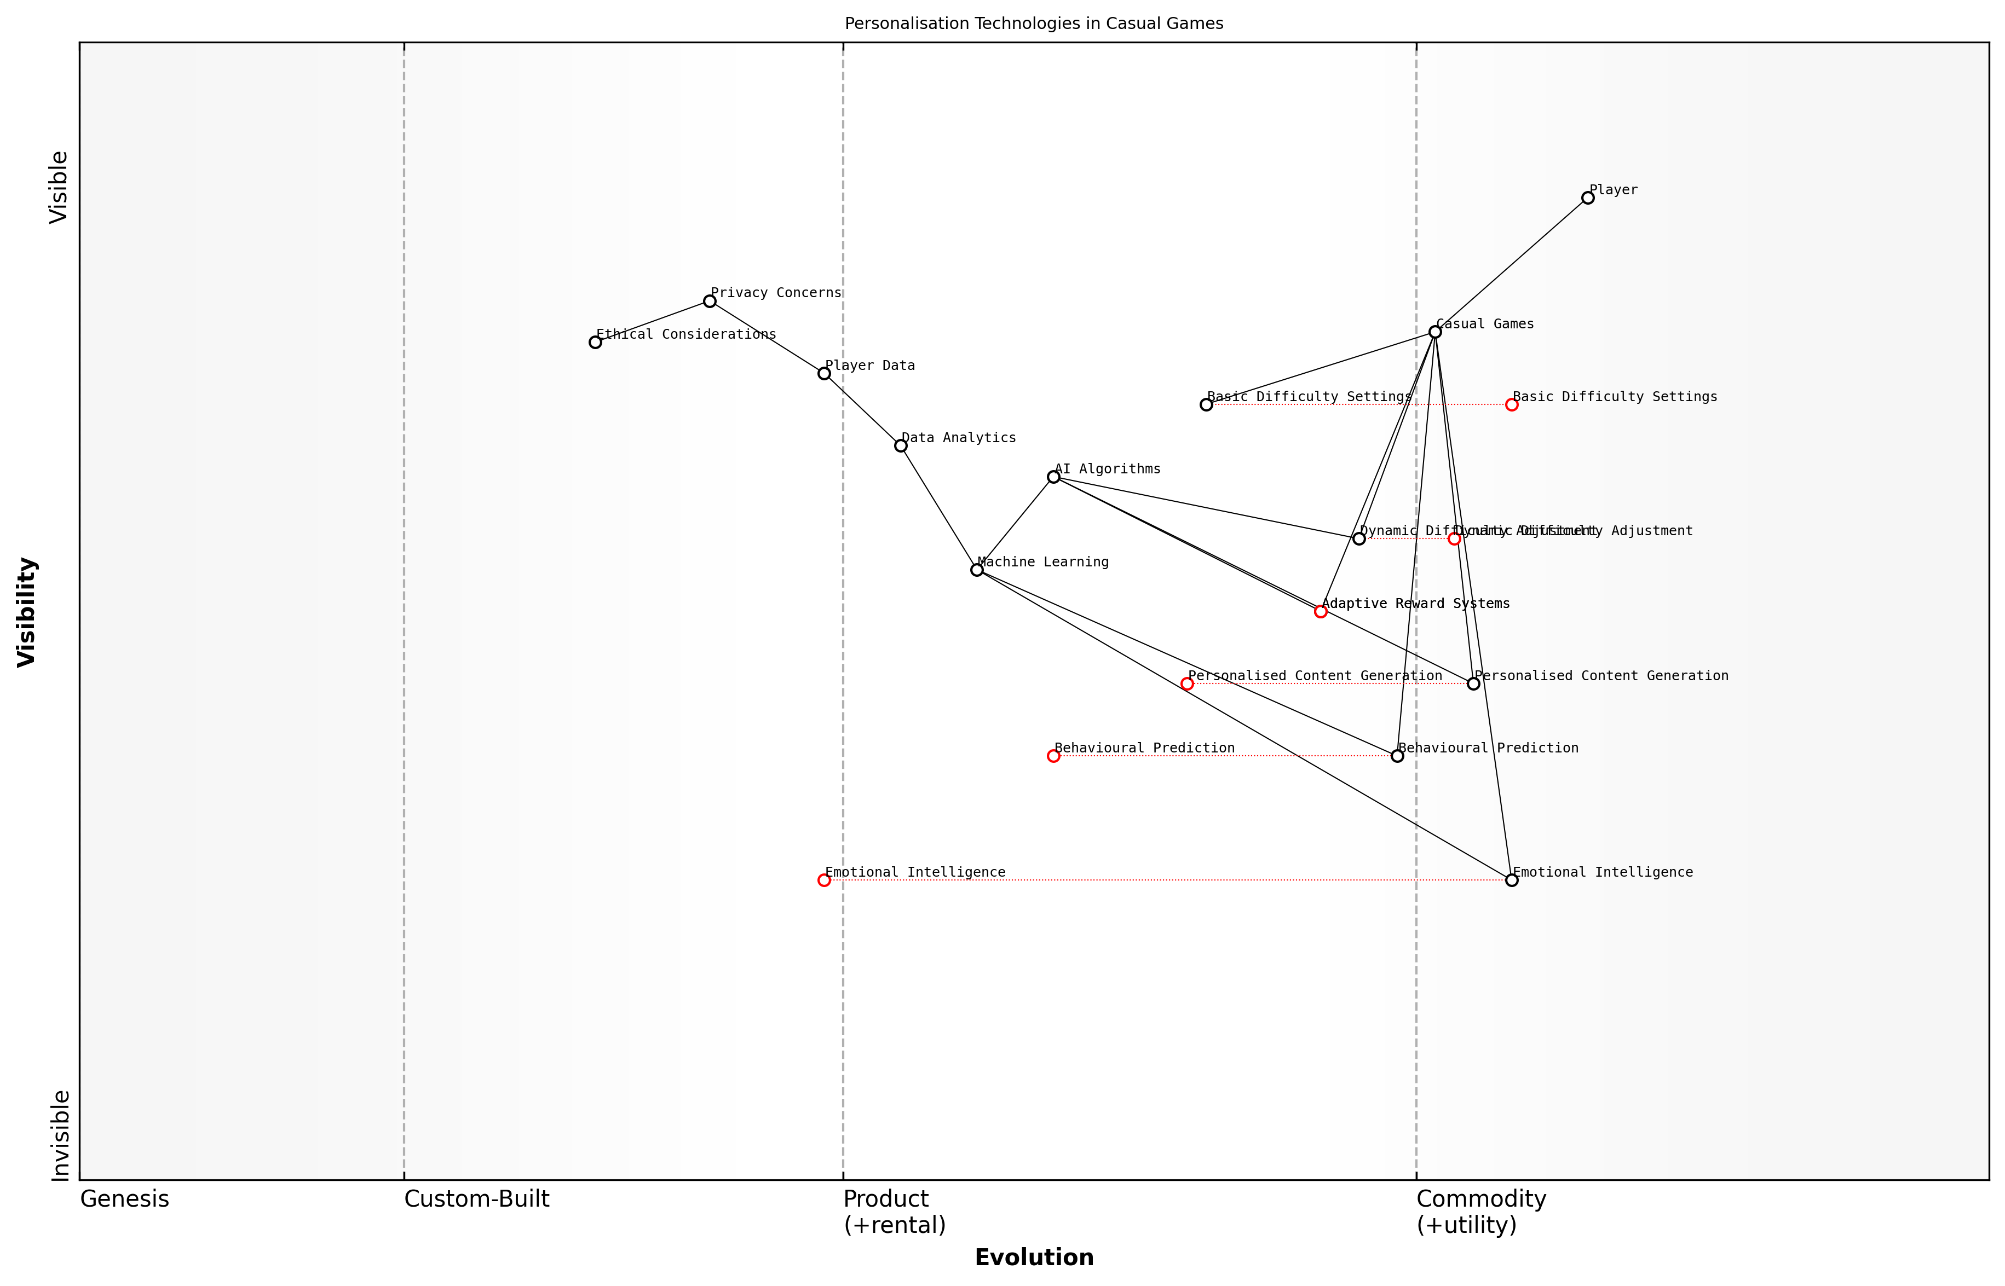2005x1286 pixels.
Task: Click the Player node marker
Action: coord(1587,198)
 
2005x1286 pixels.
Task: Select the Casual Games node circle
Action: coord(1434,332)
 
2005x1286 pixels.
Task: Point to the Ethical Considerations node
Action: coord(595,343)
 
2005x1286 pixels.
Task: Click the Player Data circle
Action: coord(823,373)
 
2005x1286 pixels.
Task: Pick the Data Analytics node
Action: coord(901,446)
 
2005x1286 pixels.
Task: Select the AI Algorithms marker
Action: coord(1053,477)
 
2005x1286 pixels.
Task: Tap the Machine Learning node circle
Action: coord(977,570)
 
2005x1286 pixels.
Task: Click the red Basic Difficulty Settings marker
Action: coord(1511,405)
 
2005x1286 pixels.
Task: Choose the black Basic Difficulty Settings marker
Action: coord(1206,405)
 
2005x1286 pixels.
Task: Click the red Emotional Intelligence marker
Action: coord(823,880)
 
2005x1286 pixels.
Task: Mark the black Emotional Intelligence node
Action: coord(1511,880)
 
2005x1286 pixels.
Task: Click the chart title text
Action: coord(1033,24)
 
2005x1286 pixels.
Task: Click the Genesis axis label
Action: coord(124,1199)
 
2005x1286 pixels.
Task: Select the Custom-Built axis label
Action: coord(476,1199)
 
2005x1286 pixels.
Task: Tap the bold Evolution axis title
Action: coord(1033,1258)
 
